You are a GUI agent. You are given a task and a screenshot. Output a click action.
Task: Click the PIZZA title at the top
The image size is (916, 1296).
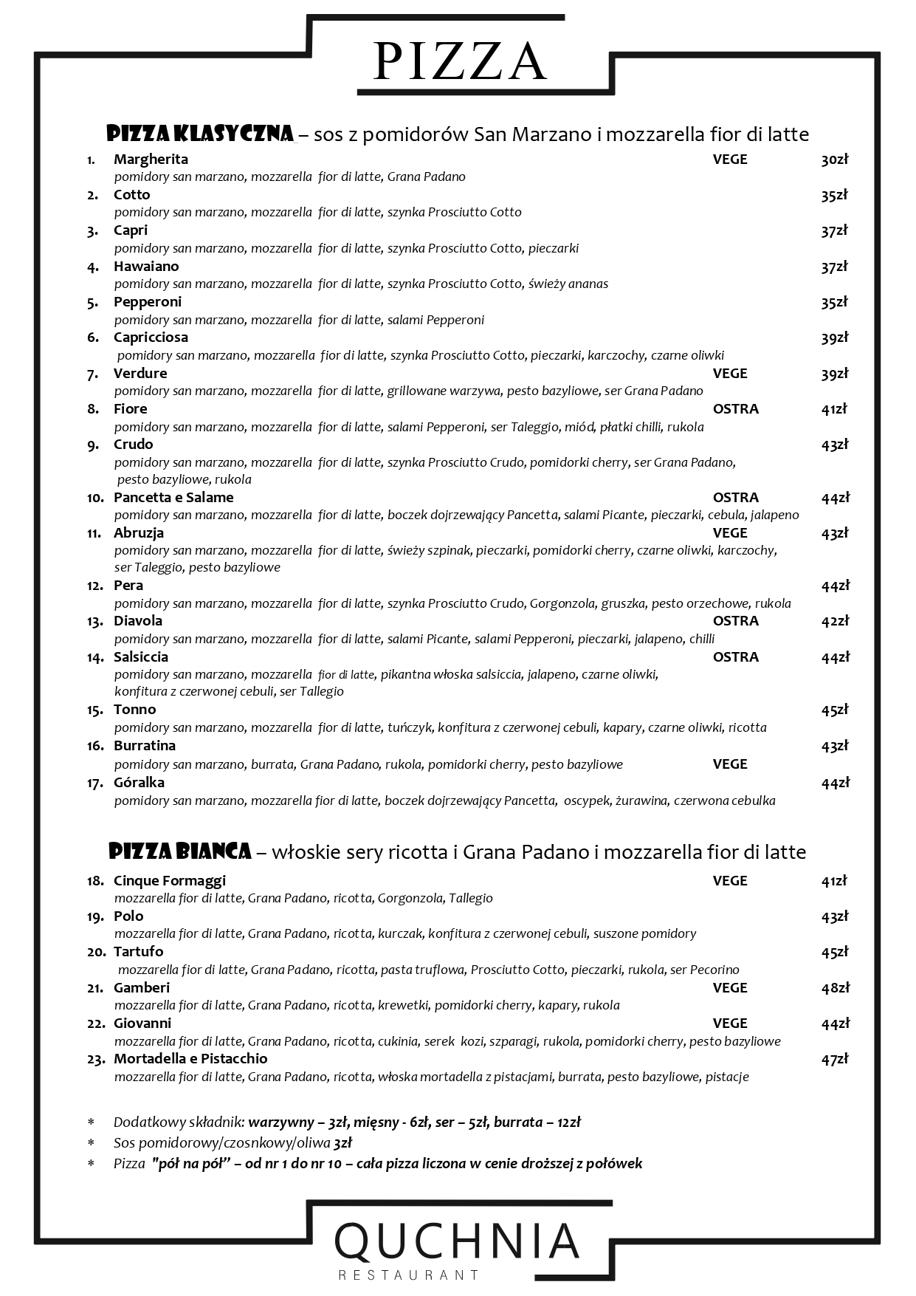tap(460, 61)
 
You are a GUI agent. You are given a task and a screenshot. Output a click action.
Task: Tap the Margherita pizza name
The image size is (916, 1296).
tap(151, 160)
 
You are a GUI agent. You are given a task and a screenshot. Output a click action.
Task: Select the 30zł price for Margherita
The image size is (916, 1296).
tap(835, 160)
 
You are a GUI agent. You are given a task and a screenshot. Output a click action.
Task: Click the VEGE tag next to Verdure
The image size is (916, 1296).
tap(730, 374)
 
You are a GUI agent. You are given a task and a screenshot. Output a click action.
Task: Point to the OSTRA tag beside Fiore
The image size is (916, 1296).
tap(735, 409)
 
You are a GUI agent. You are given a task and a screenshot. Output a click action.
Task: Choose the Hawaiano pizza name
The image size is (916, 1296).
tap(146, 267)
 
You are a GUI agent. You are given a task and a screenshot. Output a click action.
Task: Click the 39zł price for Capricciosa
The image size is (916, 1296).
tap(835, 337)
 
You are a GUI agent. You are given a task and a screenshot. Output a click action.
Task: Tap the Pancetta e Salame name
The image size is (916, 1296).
tap(173, 498)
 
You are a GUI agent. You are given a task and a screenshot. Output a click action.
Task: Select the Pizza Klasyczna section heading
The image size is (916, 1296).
tap(200, 134)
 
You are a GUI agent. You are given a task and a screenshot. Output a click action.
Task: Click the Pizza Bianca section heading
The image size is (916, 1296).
tap(180, 851)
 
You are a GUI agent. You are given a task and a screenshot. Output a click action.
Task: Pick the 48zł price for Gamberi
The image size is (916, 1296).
tap(835, 988)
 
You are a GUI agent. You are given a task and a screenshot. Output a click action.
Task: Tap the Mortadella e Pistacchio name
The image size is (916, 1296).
tap(190, 1059)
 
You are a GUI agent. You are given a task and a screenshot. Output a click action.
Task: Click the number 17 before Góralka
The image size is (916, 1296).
tap(95, 784)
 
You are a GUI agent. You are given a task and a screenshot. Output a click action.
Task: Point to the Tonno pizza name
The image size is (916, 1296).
tap(134, 710)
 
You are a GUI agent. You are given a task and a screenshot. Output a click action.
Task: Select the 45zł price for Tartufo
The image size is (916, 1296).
tap(835, 952)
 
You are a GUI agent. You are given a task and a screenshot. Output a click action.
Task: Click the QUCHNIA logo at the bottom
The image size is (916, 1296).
tap(458, 1241)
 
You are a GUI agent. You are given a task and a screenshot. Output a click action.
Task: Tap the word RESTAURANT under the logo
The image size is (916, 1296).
tap(408, 1275)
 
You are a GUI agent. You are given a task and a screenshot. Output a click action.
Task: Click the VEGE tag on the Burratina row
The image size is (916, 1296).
tap(730, 764)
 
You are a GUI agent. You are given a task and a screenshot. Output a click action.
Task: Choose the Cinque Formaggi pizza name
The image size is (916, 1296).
tap(170, 881)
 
